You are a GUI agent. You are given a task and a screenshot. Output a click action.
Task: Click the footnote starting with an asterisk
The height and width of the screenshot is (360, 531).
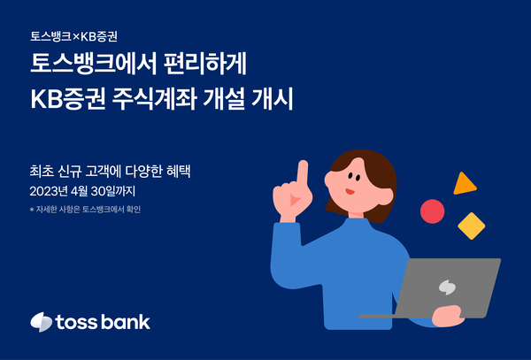tap(84, 210)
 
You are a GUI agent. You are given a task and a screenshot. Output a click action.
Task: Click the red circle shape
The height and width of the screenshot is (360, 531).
tap(432, 211)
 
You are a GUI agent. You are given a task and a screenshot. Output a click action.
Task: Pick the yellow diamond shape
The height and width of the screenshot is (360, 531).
tap(471, 226)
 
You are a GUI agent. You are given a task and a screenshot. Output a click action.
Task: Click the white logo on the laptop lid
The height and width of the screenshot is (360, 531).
tap(449, 287)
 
